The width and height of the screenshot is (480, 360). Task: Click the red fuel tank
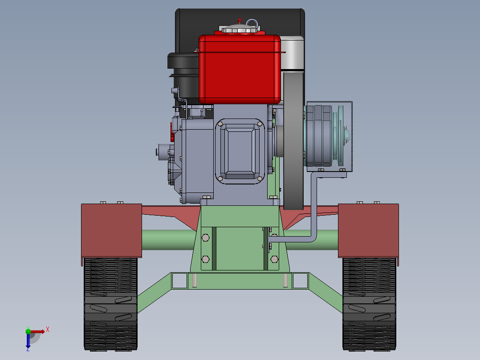(x=240, y=70)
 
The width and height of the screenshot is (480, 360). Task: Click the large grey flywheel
(x=293, y=140)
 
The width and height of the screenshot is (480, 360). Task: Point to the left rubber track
(x=110, y=304)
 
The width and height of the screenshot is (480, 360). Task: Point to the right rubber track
(x=369, y=304)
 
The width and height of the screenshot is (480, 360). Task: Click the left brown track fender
(x=111, y=231)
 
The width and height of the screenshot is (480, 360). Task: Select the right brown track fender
(x=369, y=231)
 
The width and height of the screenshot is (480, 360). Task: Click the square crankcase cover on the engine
(x=240, y=151)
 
